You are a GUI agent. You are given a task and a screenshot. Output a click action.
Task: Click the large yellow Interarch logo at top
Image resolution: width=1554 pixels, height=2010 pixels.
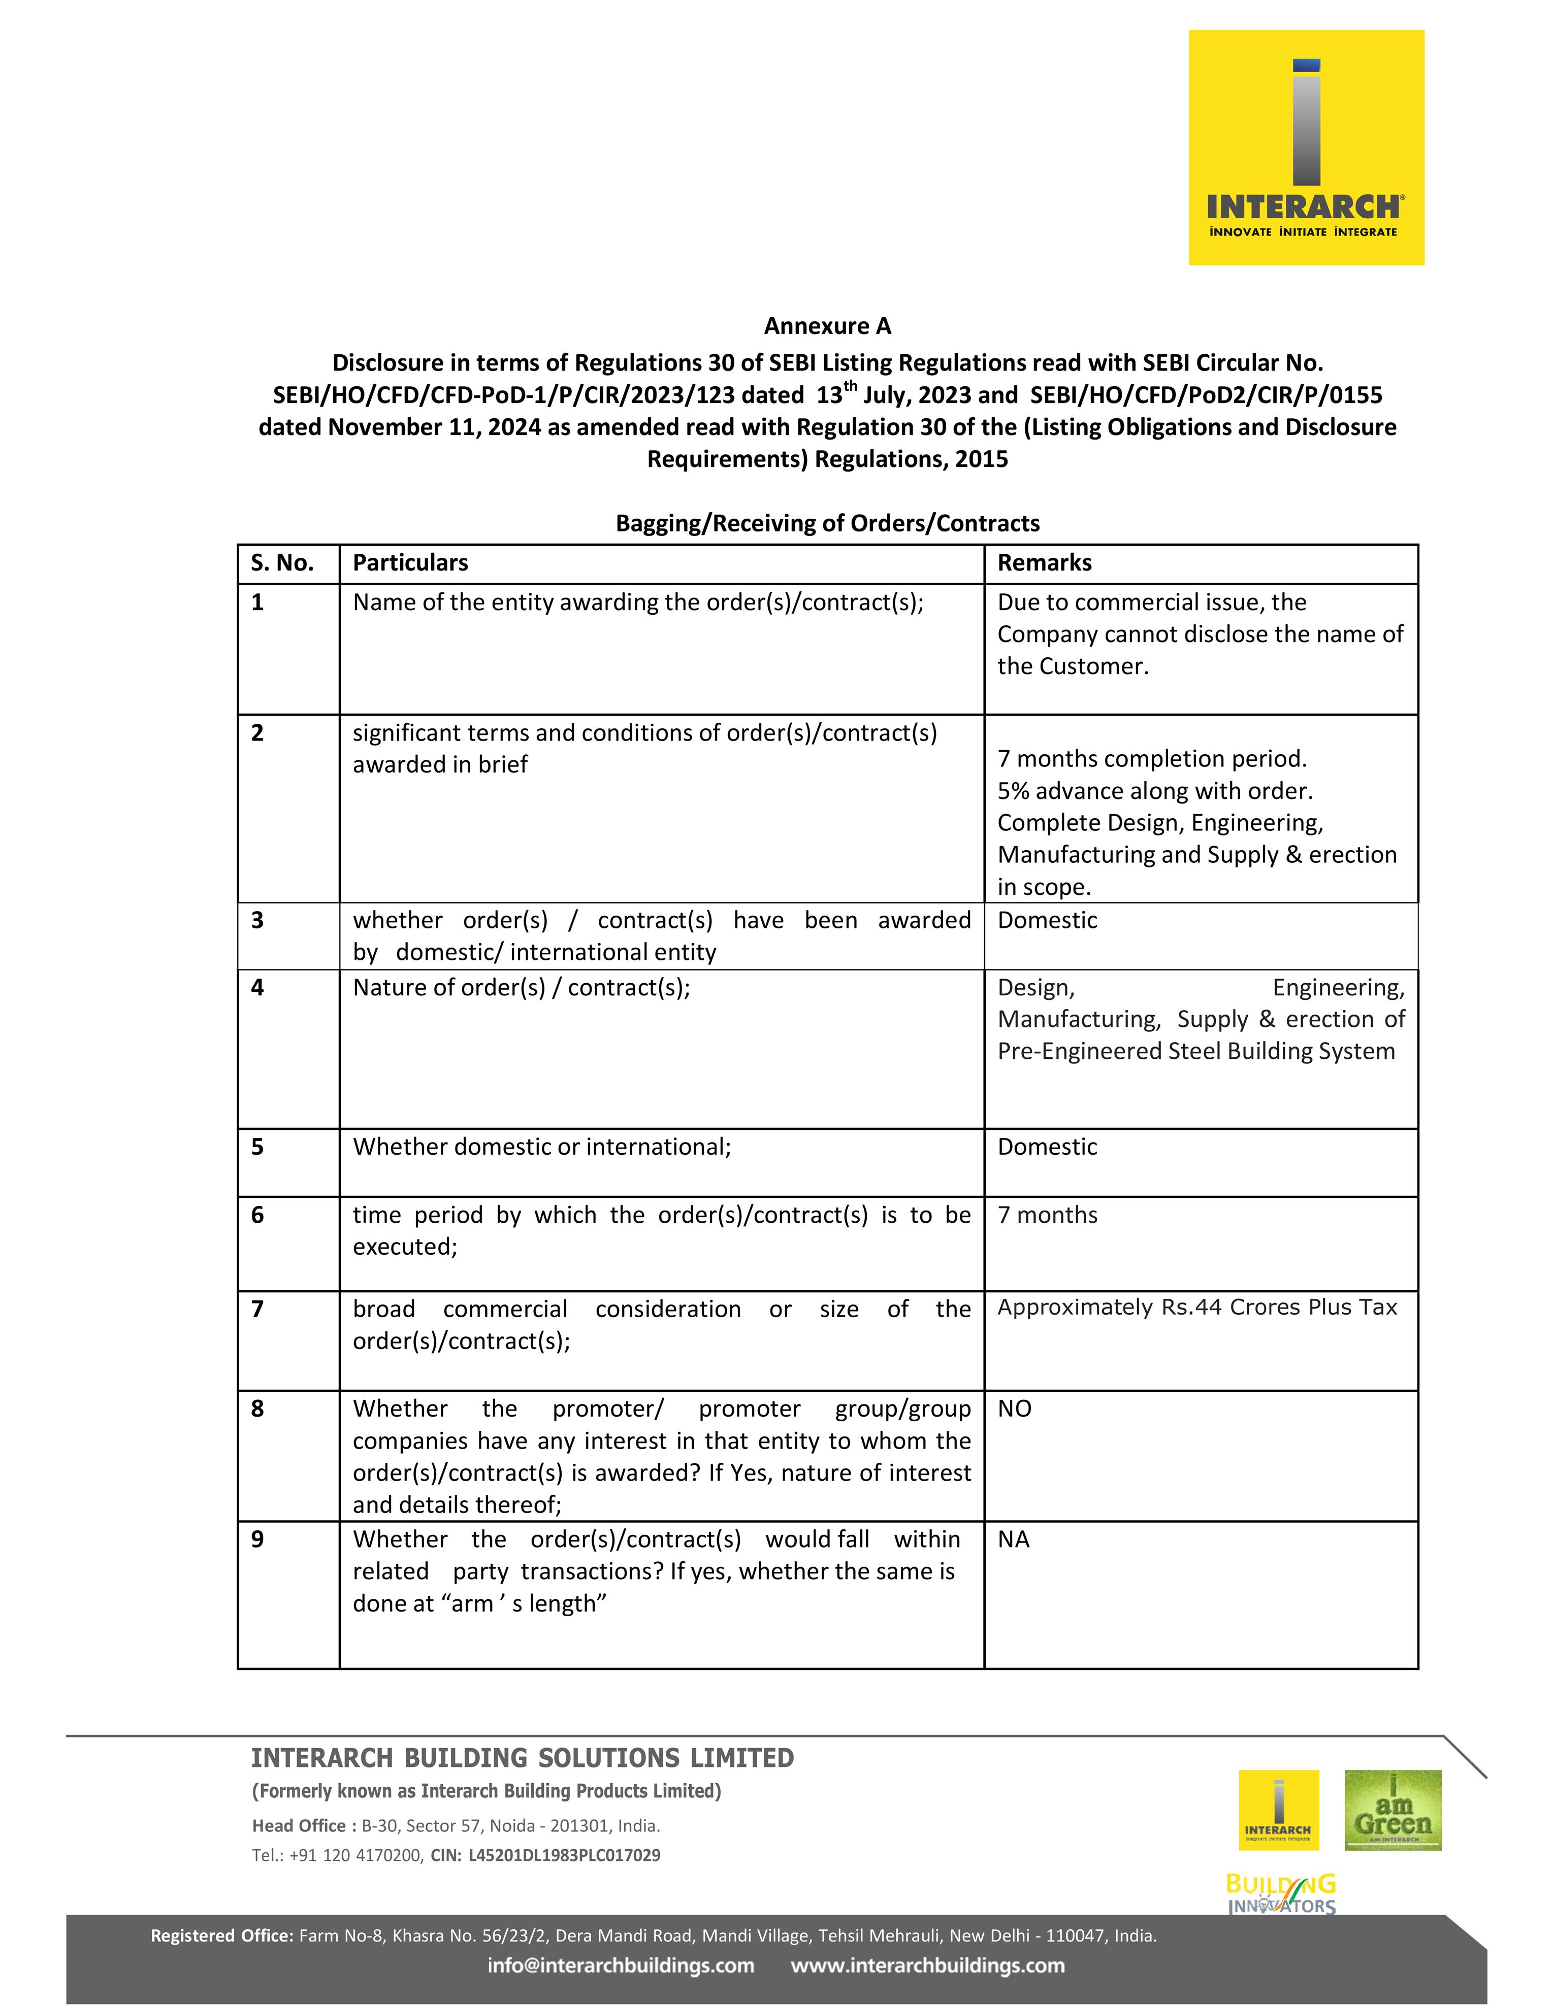[x=1306, y=147]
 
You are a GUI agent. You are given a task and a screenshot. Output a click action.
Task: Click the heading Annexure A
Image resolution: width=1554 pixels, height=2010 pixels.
[x=827, y=326]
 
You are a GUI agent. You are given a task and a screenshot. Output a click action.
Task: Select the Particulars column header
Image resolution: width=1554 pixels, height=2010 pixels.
[x=410, y=562]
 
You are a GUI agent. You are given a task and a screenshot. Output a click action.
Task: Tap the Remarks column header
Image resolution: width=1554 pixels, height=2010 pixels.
[x=1044, y=562]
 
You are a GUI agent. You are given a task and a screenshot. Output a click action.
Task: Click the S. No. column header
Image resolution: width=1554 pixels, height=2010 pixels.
[x=282, y=562]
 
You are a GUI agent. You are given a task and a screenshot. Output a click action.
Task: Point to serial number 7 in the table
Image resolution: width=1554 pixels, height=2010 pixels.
[x=258, y=1309]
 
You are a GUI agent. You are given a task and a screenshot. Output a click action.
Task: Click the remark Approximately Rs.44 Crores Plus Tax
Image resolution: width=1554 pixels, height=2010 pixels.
[x=1197, y=1307]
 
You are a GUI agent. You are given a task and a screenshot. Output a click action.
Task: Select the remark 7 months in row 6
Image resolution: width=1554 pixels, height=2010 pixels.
[x=1047, y=1215]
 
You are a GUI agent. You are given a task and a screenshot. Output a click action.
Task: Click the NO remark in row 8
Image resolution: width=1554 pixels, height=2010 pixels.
[x=1015, y=1408]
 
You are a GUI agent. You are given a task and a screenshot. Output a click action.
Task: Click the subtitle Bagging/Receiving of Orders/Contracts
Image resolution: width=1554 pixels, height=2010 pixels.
[x=827, y=523]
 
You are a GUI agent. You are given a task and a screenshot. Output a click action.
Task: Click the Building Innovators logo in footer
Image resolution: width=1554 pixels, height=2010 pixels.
[x=1281, y=1893]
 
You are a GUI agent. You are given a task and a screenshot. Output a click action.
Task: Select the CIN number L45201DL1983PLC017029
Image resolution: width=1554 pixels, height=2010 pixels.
[x=564, y=1855]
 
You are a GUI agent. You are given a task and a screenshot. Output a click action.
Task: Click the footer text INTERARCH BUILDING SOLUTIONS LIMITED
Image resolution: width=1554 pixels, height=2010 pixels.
[x=522, y=1758]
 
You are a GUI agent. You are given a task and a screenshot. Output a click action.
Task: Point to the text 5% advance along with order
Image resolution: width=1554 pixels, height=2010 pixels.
[x=1154, y=791]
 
